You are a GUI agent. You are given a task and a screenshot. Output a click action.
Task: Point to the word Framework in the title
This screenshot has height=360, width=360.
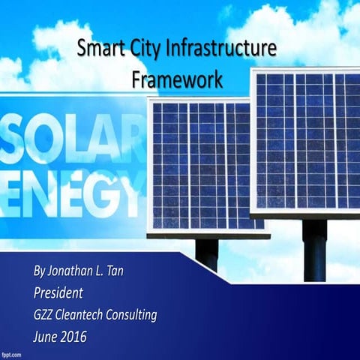click(x=177, y=79)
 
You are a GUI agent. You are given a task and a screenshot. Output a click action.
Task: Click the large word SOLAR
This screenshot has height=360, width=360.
click(x=71, y=134)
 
